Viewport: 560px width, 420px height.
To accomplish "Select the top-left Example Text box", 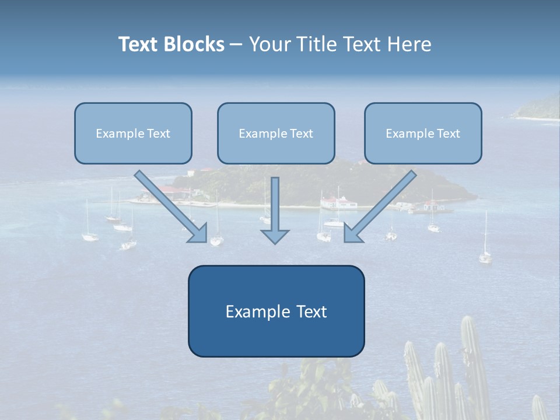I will click(x=133, y=134).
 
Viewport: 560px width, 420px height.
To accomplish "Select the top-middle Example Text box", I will click(x=276, y=134).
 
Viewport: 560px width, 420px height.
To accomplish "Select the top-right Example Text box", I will click(x=423, y=134).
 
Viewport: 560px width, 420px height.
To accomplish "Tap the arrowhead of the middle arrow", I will click(x=275, y=236).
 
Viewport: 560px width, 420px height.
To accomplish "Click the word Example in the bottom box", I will click(x=251, y=311).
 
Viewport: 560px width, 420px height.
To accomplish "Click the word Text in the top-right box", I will click(x=449, y=134).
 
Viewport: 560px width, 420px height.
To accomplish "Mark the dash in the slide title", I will click(x=236, y=45).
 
